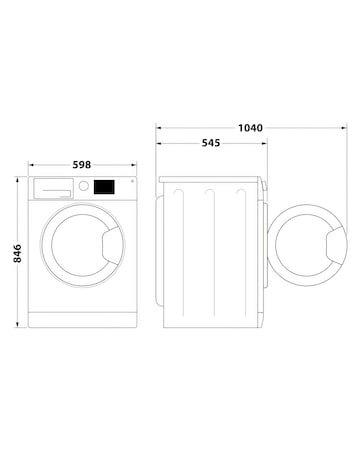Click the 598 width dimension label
click(84, 165)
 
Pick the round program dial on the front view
click(84, 186)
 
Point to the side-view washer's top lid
click(213, 180)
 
